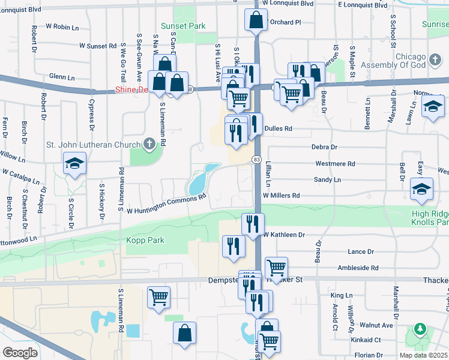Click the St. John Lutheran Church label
93,144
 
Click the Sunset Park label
183,26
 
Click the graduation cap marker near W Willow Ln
74,164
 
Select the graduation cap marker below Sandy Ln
422,189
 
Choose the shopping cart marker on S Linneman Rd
158,296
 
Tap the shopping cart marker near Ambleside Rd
276,268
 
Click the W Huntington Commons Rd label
166,203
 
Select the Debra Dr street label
325,146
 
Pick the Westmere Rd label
335,163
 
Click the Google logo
20,352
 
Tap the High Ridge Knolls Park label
430,218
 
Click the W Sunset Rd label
95,46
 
